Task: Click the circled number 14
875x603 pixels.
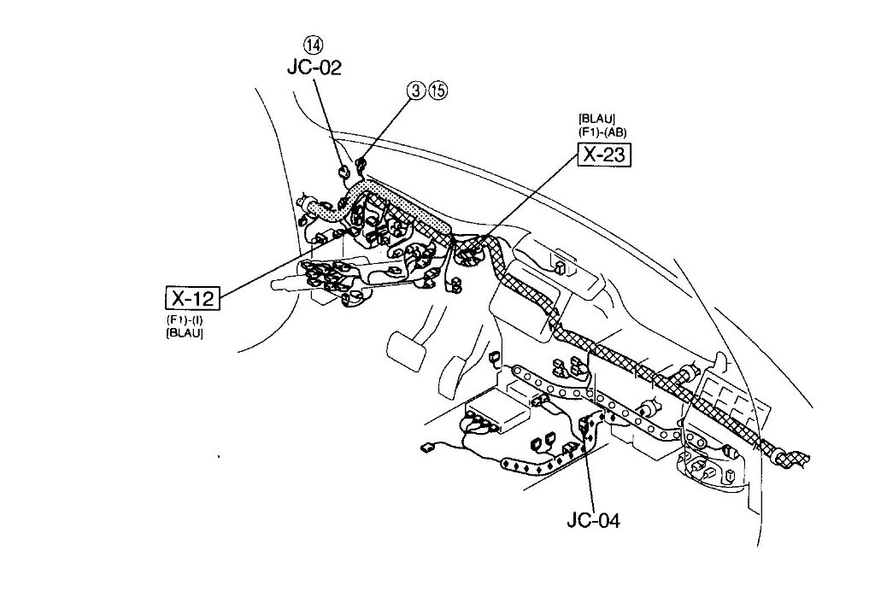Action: [x=313, y=44]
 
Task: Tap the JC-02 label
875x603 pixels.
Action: [x=314, y=67]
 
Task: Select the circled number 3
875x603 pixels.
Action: [x=417, y=91]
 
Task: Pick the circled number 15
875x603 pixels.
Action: [x=438, y=91]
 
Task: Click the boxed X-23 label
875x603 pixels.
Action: [x=604, y=154]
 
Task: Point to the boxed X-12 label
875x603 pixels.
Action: [x=192, y=298]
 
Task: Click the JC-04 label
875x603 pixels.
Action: [x=593, y=520]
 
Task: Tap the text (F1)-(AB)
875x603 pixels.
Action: [x=602, y=132]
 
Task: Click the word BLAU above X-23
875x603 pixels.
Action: [x=596, y=119]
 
